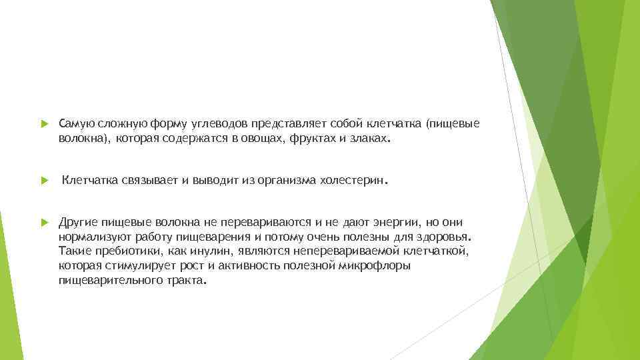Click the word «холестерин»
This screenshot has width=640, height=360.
pyautogui.click(x=353, y=181)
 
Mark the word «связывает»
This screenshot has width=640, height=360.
pyautogui.click(x=147, y=181)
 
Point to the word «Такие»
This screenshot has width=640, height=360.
pyautogui.click(x=72, y=251)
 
